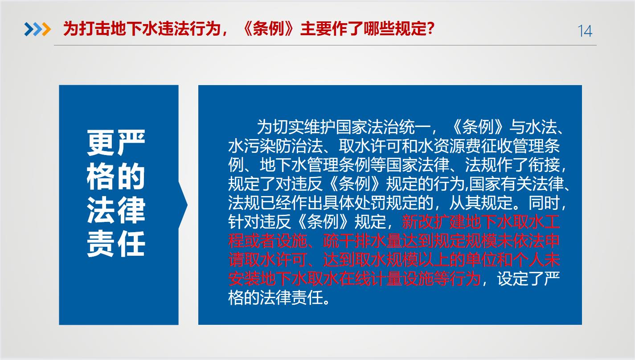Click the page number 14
click(x=585, y=31)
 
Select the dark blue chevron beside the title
click(x=29, y=29)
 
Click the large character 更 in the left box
click(x=100, y=143)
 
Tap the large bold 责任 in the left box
click(x=116, y=244)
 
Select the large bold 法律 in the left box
click(x=116, y=210)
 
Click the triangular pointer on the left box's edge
click(x=183, y=205)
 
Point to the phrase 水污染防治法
click(x=275, y=146)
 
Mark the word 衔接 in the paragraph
click(x=544, y=165)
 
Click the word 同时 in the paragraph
click(x=544, y=203)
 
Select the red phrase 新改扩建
click(x=434, y=222)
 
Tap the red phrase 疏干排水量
click(x=363, y=241)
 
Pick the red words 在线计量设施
click(x=386, y=278)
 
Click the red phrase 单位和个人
click(x=504, y=260)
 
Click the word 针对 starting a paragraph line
click(x=244, y=222)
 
